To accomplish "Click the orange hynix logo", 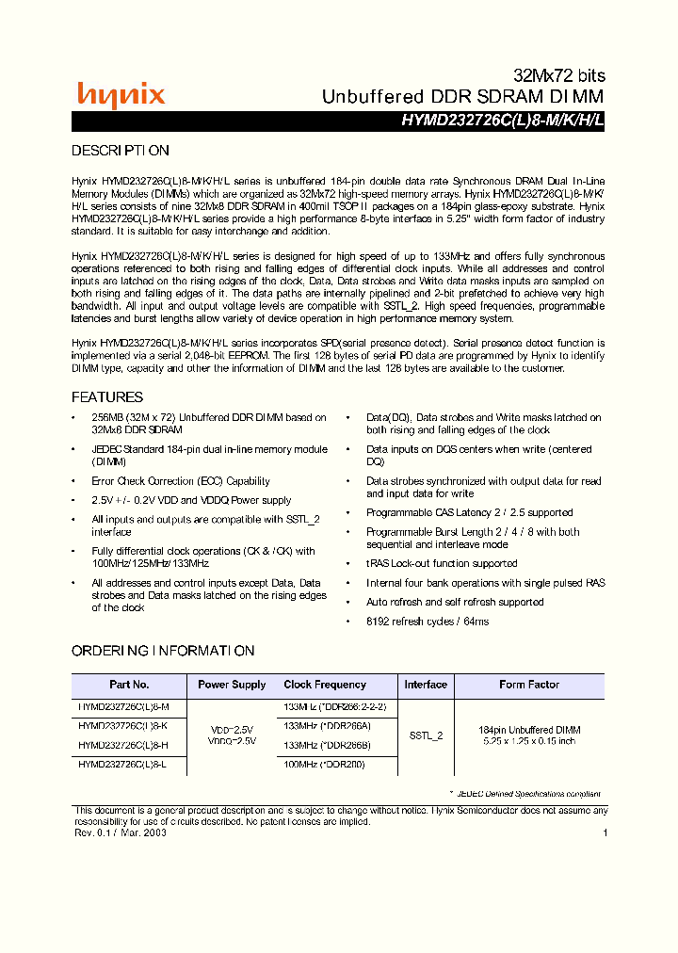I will (121, 94).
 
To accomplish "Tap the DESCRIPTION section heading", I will (121, 151).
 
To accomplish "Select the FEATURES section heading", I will (107, 397).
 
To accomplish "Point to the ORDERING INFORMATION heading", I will (163, 651).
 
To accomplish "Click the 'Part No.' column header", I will (129, 685).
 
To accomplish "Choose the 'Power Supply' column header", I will (232, 685).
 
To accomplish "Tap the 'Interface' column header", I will (426, 685).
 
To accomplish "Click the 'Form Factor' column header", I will (529, 685).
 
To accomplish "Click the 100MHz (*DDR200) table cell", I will (324, 764).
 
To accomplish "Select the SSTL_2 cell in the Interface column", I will (426, 735).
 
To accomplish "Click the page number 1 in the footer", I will (605, 832).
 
